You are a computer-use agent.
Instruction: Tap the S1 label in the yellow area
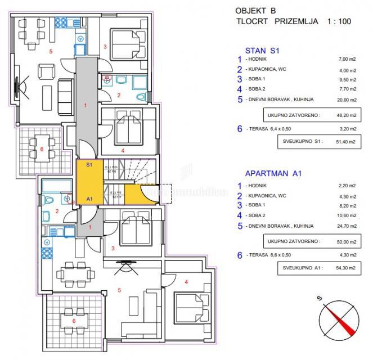89,165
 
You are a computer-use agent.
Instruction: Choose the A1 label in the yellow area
89,198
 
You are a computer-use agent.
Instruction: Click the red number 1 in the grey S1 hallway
86,105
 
